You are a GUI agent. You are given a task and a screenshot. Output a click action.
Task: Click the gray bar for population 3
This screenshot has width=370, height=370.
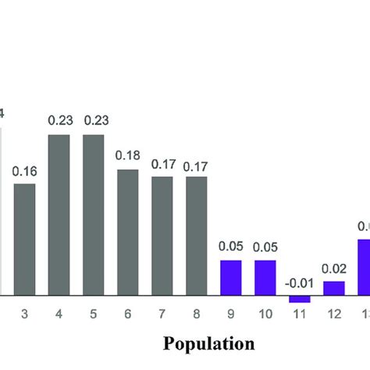point(24,240)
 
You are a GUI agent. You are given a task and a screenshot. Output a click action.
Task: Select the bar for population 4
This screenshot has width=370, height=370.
point(59,215)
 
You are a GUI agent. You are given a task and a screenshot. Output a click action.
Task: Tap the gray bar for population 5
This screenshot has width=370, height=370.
point(93,215)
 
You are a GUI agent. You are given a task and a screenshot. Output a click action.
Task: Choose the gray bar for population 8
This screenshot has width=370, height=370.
point(196,236)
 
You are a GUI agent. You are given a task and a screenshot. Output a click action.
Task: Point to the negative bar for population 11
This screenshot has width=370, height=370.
point(299,299)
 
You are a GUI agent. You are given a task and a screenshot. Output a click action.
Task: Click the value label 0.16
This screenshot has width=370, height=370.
point(24,171)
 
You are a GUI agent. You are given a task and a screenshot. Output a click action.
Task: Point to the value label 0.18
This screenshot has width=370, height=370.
point(128,155)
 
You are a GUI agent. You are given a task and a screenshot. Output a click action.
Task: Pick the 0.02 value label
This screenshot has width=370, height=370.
point(333,268)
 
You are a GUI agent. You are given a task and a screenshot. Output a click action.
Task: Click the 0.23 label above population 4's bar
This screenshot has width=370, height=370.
point(59,120)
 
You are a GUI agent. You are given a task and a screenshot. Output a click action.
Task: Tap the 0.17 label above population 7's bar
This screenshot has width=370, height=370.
point(162,165)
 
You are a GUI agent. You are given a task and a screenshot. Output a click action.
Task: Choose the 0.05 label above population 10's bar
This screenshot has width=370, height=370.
point(265,246)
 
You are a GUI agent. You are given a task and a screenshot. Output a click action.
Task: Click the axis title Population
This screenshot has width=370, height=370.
point(209,343)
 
